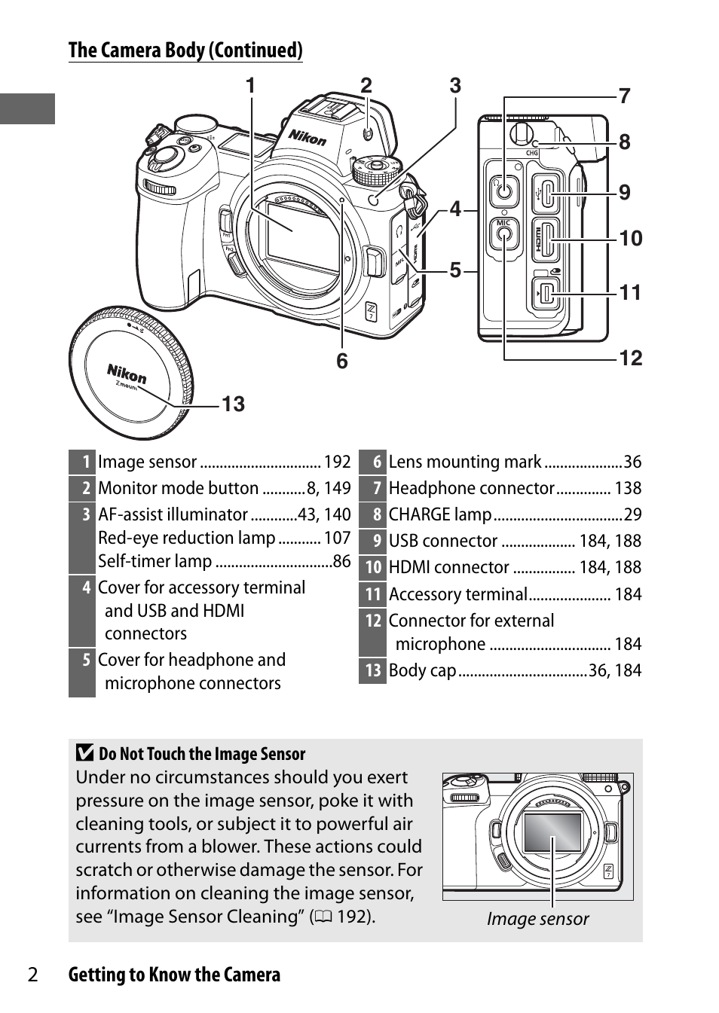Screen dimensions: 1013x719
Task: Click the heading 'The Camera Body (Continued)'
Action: click(185, 50)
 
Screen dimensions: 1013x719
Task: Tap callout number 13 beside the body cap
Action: click(233, 404)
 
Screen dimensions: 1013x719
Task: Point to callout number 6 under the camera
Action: click(342, 362)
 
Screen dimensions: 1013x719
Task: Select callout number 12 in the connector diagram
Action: click(631, 359)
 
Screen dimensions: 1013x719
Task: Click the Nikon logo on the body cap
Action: click(127, 374)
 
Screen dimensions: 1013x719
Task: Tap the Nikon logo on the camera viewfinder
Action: click(307, 137)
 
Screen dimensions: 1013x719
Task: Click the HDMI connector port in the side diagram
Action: click(548, 239)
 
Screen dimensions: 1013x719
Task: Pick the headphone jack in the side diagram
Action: click(503, 190)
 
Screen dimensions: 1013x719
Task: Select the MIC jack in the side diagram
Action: click(503, 234)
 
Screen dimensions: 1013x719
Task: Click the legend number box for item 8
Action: click(373, 515)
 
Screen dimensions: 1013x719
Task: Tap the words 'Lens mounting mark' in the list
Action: click(464, 462)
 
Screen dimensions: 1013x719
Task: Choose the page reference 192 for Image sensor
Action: click(338, 462)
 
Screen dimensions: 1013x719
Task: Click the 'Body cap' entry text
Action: click(422, 670)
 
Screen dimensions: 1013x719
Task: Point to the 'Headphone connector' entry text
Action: click(471, 489)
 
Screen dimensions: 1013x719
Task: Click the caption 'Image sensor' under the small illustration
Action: click(537, 919)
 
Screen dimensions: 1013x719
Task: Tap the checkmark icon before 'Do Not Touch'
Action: click(85, 753)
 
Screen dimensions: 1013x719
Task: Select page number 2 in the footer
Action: click(32, 975)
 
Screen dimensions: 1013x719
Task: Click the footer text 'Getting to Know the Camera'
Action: click(174, 975)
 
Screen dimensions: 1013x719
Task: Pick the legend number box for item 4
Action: click(83, 588)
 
